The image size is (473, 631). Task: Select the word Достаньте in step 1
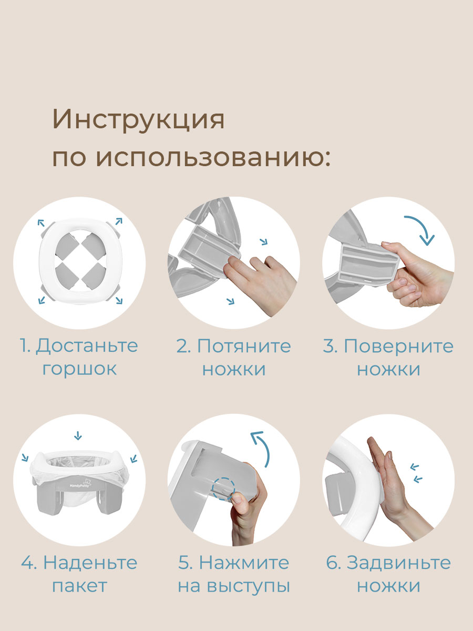tap(86, 346)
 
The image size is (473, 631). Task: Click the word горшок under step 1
tap(79, 368)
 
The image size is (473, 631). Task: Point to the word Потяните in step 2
tap(243, 346)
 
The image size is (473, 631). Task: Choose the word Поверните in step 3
tap(398, 346)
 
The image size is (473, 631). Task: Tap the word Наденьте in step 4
tap(90, 563)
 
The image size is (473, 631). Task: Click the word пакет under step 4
tap(79, 585)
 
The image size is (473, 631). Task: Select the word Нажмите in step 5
tap(245, 563)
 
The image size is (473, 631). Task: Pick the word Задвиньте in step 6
tap(398, 563)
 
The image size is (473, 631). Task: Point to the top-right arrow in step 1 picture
tap(118, 221)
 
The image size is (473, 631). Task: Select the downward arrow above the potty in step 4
tap(78, 435)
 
